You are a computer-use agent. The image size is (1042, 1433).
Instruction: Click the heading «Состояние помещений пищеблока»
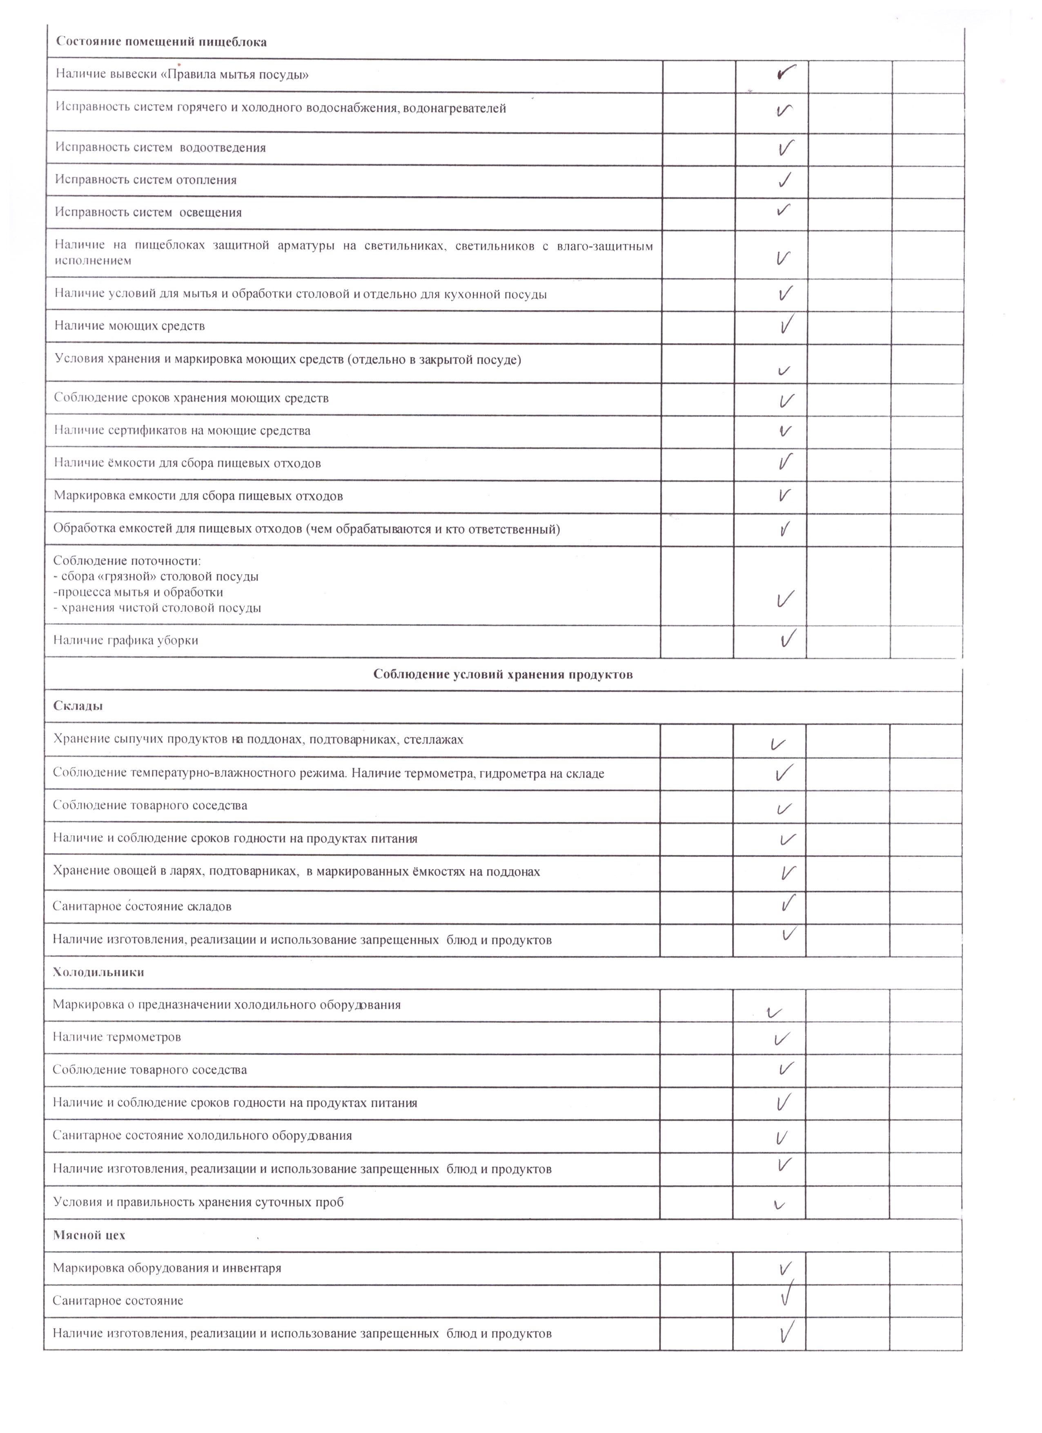click(161, 42)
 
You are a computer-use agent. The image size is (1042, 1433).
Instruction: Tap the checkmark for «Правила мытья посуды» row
click(784, 73)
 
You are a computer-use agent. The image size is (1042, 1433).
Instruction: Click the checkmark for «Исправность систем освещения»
click(784, 210)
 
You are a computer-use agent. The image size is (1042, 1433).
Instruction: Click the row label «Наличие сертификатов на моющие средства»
click(182, 431)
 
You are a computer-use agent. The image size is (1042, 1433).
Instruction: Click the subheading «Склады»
click(78, 706)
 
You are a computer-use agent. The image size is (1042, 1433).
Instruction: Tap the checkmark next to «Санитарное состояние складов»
click(787, 903)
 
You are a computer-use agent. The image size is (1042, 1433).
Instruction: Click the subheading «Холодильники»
click(98, 972)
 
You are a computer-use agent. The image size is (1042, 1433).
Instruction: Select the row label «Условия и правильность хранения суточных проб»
click(198, 1202)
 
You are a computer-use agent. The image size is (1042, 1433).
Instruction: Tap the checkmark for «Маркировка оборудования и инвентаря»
click(785, 1268)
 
